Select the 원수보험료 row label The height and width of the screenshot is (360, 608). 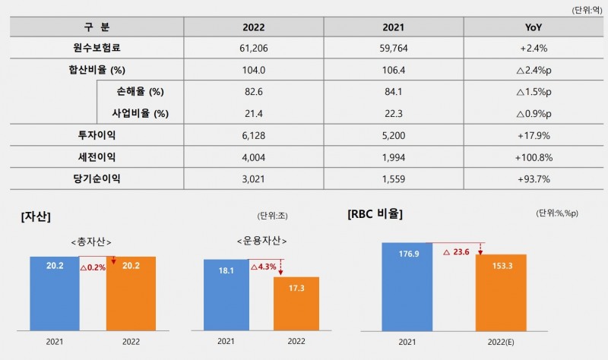(x=94, y=48)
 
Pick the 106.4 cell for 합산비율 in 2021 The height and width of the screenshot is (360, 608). (x=393, y=70)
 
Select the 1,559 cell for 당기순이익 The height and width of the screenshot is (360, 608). (x=393, y=179)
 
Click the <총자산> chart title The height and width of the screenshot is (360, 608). (x=93, y=242)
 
